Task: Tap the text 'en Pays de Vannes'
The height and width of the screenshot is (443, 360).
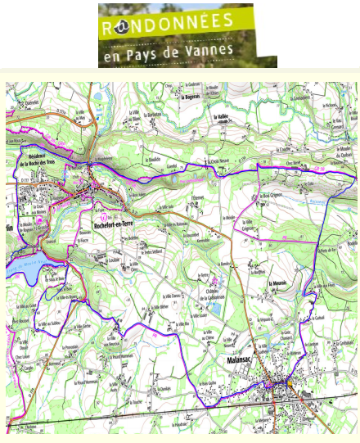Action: pos(168,51)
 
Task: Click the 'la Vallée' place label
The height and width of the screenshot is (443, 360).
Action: pos(217,117)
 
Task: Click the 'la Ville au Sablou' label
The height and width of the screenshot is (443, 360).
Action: pos(46,324)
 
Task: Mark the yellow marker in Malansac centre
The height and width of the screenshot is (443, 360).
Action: pos(289,382)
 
